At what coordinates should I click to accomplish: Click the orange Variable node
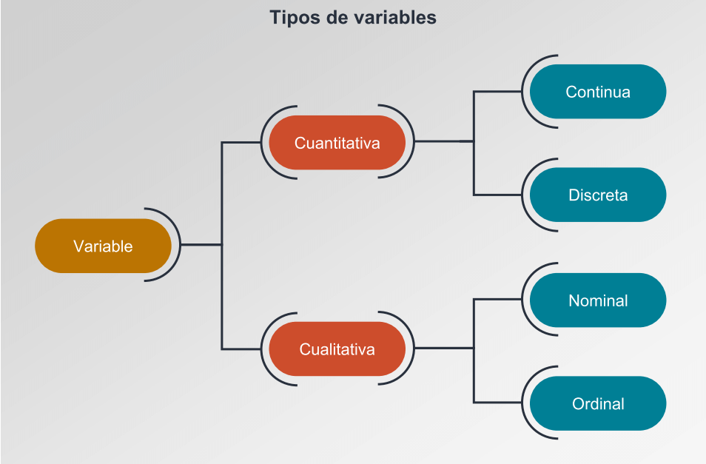point(103,246)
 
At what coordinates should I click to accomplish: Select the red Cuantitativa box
point(337,143)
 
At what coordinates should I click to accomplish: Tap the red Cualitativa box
point(337,349)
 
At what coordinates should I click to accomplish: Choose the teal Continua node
point(598,91)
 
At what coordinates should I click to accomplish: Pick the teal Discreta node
point(598,195)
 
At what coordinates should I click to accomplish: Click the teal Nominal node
point(598,300)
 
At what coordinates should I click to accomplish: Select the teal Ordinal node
point(598,403)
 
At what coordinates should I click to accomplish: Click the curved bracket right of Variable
point(180,245)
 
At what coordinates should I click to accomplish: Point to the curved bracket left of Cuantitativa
point(261,143)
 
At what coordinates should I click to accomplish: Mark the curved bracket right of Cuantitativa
point(414,141)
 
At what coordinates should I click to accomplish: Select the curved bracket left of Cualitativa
point(261,349)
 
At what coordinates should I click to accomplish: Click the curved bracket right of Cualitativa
point(414,348)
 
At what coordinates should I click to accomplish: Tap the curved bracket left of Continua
point(522,91)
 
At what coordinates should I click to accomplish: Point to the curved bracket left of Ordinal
point(522,403)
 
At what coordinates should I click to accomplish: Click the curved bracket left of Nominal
point(522,299)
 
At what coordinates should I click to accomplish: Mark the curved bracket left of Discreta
point(522,195)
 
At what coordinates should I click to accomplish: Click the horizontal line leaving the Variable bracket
point(201,245)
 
